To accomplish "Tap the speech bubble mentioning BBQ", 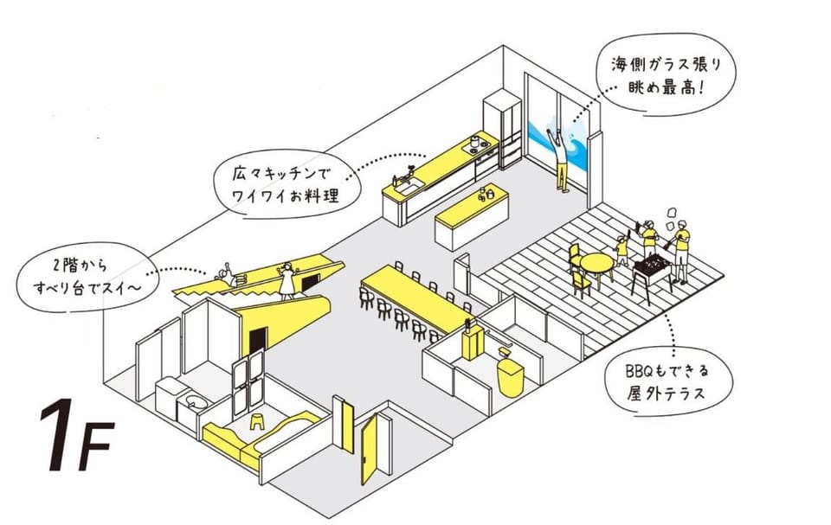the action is (x=669, y=381).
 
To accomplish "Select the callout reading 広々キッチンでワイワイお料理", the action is (x=287, y=186).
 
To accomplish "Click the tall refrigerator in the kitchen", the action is (x=501, y=130).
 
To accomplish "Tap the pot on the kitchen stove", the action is (x=475, y=142).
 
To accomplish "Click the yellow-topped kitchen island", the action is (x=471, y=215).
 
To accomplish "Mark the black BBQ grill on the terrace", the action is (x=652, y=268).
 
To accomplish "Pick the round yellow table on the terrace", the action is (x=596, y=266).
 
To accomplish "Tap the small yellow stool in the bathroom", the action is (x=258, y=421).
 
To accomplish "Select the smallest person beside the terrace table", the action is (x=622, y=251).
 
